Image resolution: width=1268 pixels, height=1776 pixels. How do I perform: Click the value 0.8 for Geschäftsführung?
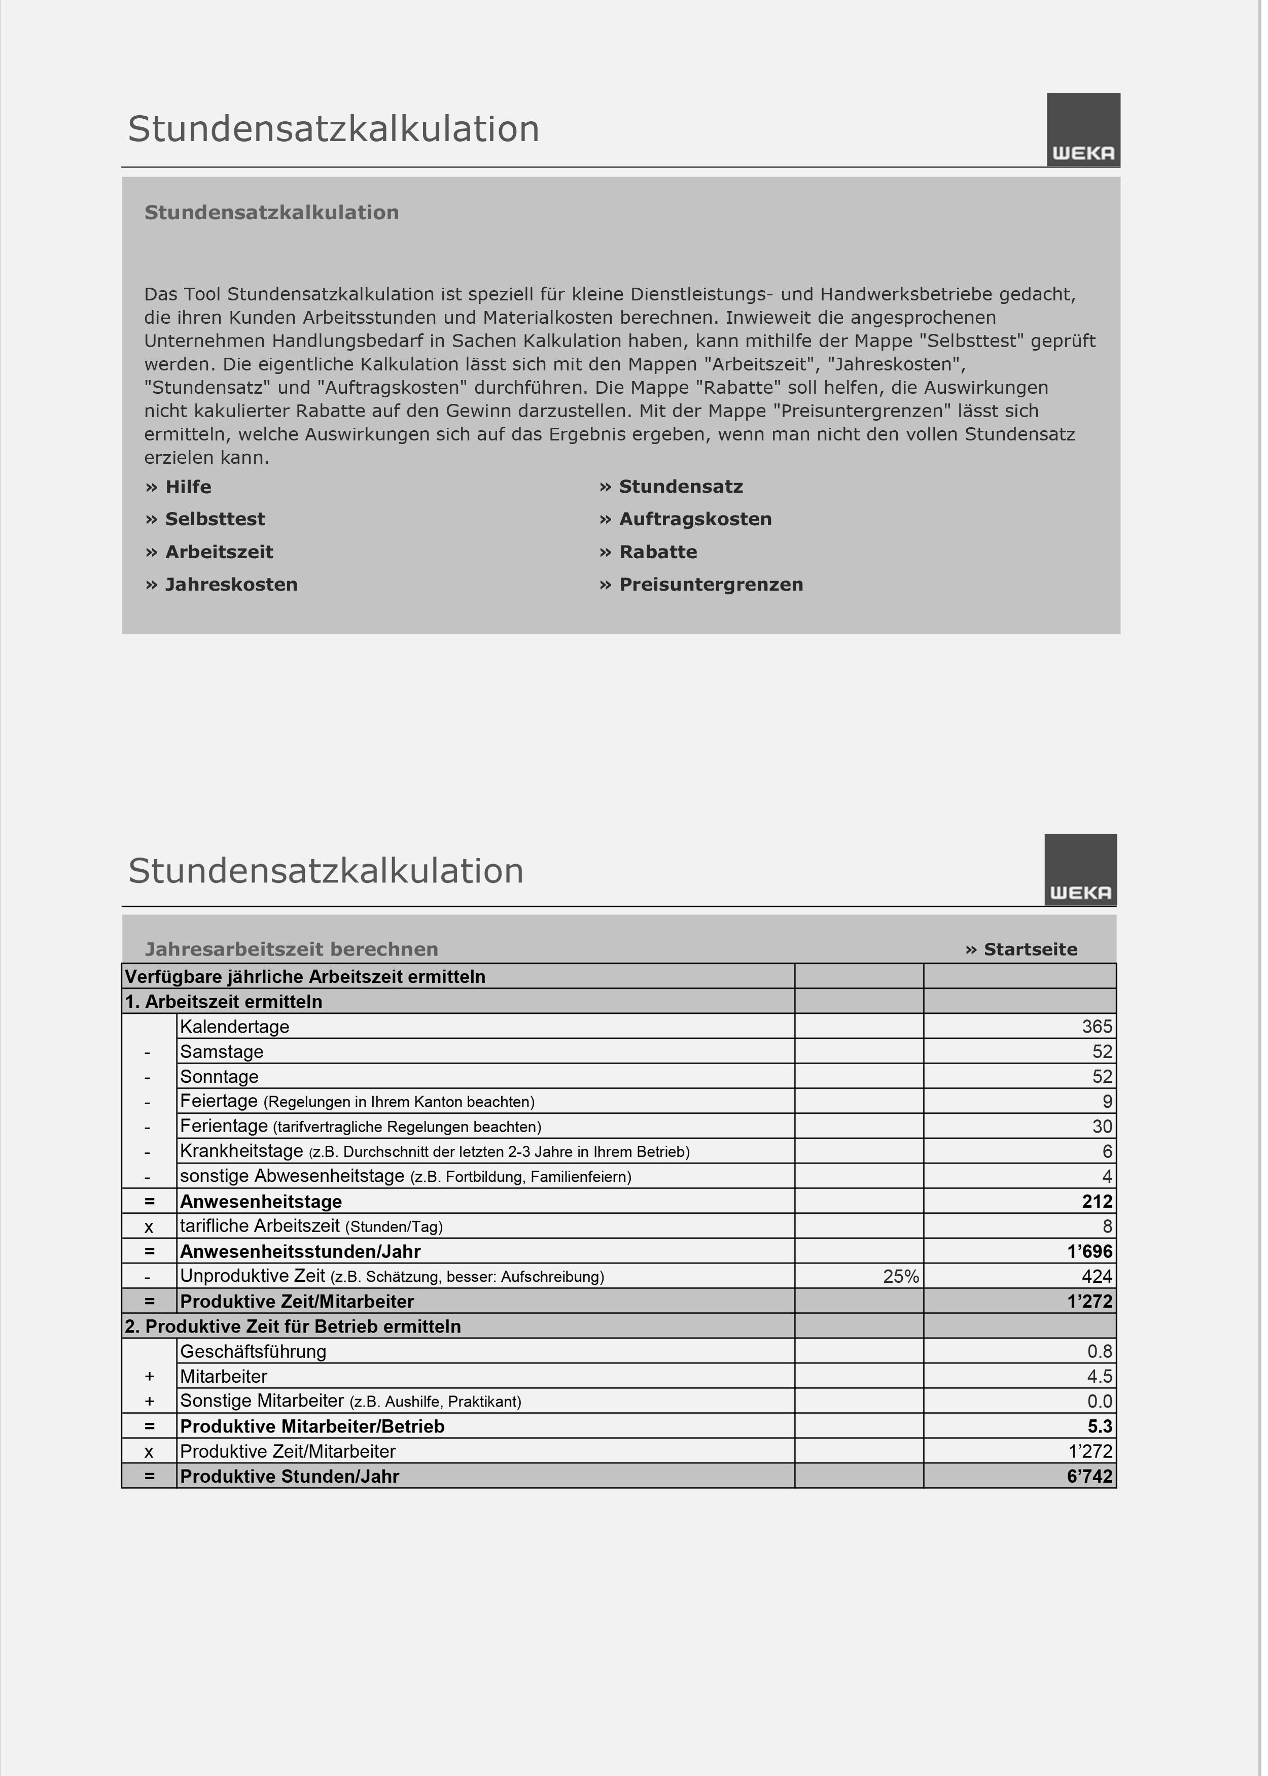click(1099, 1352)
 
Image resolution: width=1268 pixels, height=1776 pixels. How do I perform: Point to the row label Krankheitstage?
click(241, 1151)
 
